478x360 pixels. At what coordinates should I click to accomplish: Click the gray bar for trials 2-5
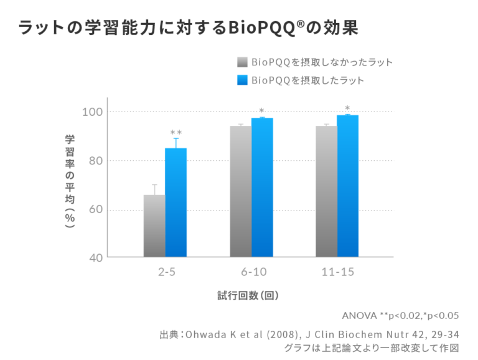(x=154, y=225)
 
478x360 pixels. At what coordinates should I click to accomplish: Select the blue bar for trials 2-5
(x=176, y=202)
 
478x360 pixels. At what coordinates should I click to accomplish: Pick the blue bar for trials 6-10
(x=262, y=187)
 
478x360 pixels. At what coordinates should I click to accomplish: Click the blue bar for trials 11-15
(x=348, y=186)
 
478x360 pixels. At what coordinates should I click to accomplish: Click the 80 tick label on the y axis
(x=94, y=161)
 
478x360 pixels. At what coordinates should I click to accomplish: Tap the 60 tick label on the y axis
(x=94, y=209)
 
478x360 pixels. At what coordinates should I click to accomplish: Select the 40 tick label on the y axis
(x=94, y=257)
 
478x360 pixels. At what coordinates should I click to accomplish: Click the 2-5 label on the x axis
(x=166, y=272)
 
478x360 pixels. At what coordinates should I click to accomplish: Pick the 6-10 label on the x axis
(x=251, y=272)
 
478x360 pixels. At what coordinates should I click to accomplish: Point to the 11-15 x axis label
(x=337, y=272)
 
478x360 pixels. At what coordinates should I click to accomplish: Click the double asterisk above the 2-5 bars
(x=176, y=133)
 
